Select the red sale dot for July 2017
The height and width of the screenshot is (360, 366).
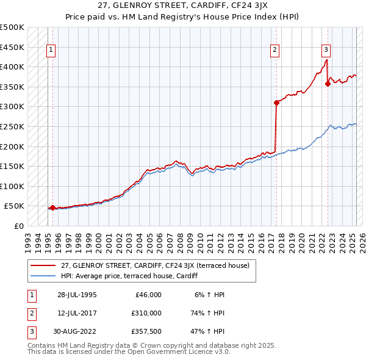click(x=276, y=103)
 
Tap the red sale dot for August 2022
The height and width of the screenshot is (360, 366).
click(x=328, y=84)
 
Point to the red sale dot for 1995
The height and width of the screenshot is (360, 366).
click(x=52, y=207)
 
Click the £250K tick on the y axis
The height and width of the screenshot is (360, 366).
click(x=13, y=126)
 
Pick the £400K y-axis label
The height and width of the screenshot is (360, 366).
click(x=13, y=67)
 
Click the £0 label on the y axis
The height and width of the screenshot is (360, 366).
click(x=18, y=226)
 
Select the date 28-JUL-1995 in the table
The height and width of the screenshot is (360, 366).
click(x=77, y=295)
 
